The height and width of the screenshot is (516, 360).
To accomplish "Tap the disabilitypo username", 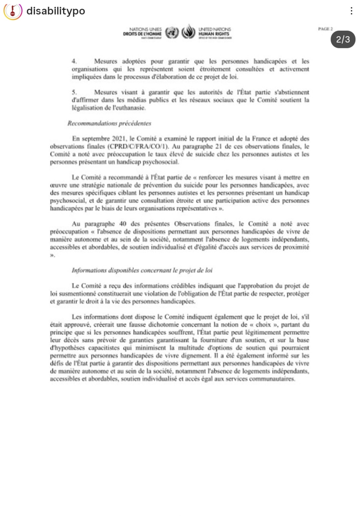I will coord(56,11).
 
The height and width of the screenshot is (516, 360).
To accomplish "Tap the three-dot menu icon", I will coord(351,11).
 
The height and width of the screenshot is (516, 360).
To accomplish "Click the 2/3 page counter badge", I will coord(343,40).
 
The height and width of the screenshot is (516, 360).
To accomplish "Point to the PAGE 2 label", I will coord(325,29).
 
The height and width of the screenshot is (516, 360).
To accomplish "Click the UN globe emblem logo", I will coord(172,33).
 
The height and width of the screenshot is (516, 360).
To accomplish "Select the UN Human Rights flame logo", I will coord(188,32).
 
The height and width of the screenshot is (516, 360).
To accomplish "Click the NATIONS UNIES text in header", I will coord(145,29).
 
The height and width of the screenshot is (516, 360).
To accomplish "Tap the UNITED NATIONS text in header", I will coord(215,29).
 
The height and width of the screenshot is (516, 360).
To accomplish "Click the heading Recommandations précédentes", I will coord(109,123).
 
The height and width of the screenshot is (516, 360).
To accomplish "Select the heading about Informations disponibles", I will coord(142,270).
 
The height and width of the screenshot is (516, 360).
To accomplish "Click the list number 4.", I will coord(74,61).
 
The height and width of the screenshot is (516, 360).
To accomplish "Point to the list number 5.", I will coord(74,92).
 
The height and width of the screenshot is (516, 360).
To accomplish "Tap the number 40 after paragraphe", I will coord(123,224).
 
